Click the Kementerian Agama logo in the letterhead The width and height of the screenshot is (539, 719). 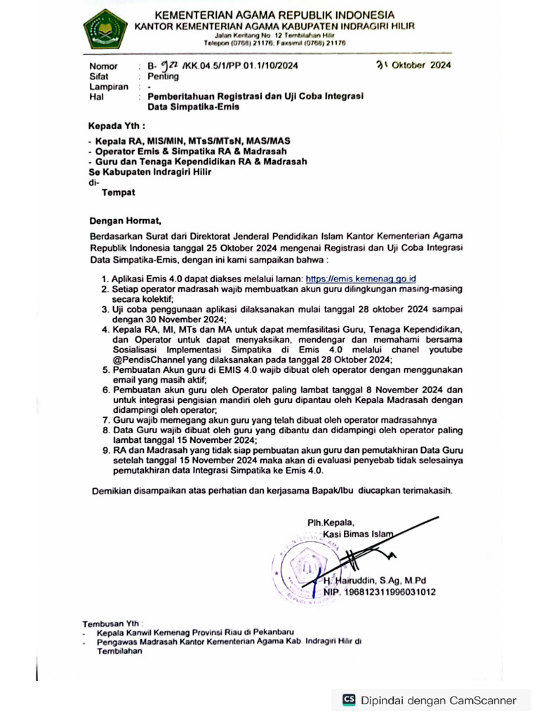click(x=105, y=27)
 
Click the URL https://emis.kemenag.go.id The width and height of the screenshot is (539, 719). click(x=365, y=279)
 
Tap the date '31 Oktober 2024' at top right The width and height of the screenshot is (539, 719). click(x=413, y=66)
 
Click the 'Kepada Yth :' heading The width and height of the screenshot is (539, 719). click(x=117, y=127)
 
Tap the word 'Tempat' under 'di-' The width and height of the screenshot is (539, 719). click(x=119, y=192)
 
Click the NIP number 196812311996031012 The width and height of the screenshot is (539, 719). click(x=380, y=592)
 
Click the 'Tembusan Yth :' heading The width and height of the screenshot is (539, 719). click(x=112, y=623)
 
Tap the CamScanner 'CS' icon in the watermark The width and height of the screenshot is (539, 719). click(x=349, y=699)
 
